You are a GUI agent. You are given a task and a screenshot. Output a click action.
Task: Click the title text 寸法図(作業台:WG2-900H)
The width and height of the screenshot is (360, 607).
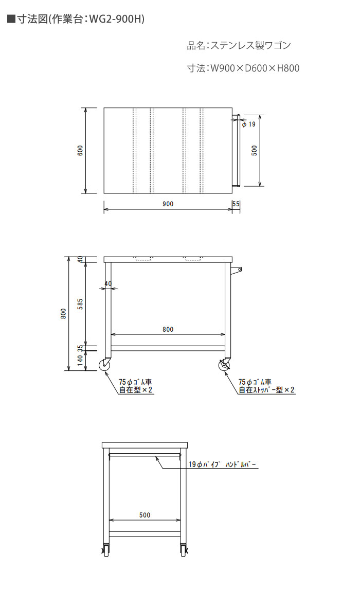76,20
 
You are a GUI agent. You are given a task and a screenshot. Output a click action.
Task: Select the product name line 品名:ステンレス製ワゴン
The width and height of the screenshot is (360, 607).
239,45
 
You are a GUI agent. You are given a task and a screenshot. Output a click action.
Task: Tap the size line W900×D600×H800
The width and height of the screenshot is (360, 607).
243,68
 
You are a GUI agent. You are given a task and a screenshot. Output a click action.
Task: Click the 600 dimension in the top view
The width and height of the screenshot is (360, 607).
80,150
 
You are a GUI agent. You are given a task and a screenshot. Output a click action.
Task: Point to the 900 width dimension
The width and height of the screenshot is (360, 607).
168,204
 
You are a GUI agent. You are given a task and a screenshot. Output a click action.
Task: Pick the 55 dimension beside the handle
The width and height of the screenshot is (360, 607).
236,204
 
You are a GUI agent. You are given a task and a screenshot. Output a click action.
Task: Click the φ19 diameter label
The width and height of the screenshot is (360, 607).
248,124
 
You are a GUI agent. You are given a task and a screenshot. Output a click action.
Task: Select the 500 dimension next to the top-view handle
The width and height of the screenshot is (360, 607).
254,150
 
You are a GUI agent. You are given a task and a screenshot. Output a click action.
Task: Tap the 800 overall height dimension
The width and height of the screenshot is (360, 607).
63,314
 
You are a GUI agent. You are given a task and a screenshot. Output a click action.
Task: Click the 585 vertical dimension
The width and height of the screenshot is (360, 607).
81,304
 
